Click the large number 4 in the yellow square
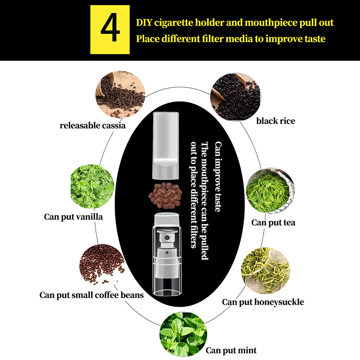point(110,27)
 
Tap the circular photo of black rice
point(235,97)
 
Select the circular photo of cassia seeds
point(120,94)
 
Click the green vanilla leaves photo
point(92,186)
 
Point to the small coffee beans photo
point(102,264)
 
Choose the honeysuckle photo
point(265,270)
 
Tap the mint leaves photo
point(183,334)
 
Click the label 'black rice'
point(276,121)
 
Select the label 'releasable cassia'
point(93,126)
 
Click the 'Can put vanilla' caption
point(73,217)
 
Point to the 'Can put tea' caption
point(273,222)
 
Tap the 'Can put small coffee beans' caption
point(92,295)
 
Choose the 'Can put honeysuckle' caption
point(263,302)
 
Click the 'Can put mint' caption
point(231,351)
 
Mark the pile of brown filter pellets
point(165,195)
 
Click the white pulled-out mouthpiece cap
point(166,145)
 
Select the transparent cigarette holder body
point(166,254)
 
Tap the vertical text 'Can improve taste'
point(218,176)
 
